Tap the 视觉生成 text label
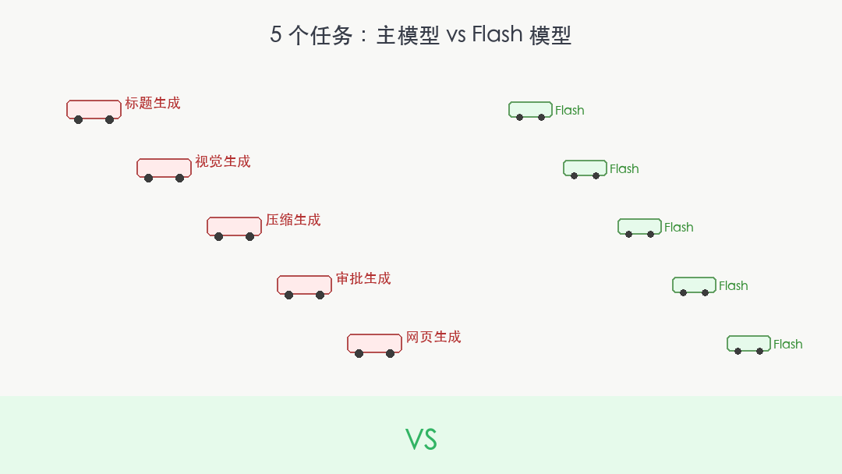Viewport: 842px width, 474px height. click(x=223, y=161)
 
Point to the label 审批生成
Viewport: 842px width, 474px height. click(x=363, y=278)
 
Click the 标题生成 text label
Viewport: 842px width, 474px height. click(x=153, y=103)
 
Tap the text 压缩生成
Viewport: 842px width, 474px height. click(x=293, y=220)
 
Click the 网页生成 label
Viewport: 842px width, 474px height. click(x=433, y=337)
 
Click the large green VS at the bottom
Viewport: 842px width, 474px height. click(x=421, y=439)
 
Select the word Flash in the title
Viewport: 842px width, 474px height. click(x=497, y=34)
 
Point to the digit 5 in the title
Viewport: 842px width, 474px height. click(x=275, y=35)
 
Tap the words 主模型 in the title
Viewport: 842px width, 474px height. click(x=408, y=35)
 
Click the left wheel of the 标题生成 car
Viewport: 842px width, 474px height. click(x=79, y=120)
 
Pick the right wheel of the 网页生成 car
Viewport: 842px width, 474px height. click(x=391, y=354)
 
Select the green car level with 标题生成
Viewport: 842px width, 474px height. click(x=531, y=111)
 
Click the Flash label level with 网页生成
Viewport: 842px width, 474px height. click(x=787, y=344)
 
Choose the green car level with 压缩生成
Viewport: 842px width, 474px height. click(x=639, y=228)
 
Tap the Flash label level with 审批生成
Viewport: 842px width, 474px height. click(x=733, y=285)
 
